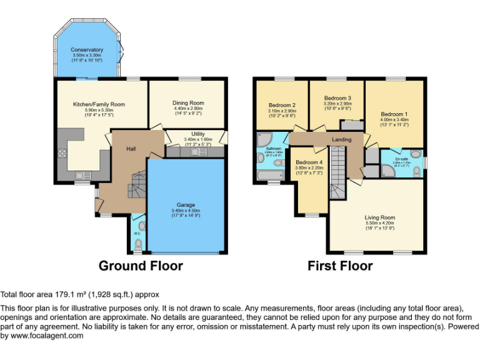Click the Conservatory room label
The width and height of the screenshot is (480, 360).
click(87, 49)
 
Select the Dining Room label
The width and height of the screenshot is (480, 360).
click(188, 102)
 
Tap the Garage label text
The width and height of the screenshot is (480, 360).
click(186, 205)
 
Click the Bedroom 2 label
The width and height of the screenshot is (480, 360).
click(282, 105)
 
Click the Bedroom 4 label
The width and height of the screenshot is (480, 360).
click(309, 162)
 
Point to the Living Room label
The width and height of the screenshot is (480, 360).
click(380, 217)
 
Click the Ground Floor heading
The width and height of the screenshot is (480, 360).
click(141, 266)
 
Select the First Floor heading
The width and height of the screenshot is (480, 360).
click(340, 266)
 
